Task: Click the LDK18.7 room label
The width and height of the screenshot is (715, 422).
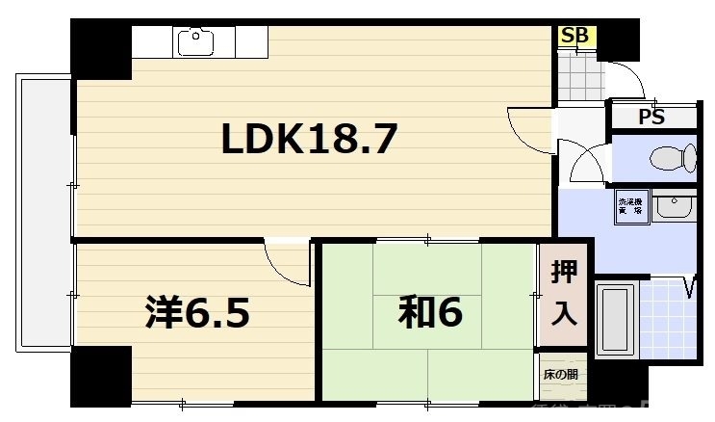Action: (x=309, y=141)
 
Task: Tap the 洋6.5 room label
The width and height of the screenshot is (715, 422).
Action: (x=197, y=312)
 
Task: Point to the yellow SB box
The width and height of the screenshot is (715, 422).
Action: (x=575, y=37)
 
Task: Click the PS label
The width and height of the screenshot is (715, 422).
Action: (x=651, y=118)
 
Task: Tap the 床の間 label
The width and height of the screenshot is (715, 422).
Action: (x=560, y=375)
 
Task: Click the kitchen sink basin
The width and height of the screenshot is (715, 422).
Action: (x=195, y=41)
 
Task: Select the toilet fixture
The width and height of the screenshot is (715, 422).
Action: (x=672, y=157)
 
